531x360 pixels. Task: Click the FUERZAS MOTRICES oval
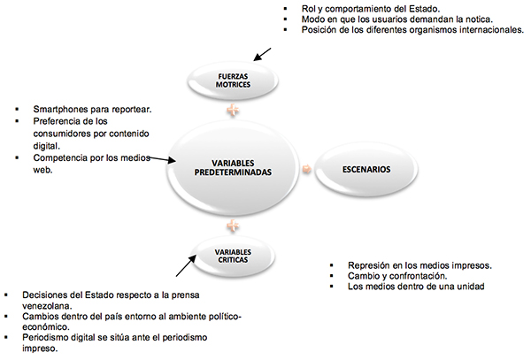coord(233,80)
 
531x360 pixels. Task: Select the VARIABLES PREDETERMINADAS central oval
coord(233,168)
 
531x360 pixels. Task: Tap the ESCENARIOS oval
coord(366,169)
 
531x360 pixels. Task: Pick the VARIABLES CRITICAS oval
coord(233,257)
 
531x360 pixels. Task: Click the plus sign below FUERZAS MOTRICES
coord(233,110)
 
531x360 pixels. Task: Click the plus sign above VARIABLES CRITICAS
coord(233,226)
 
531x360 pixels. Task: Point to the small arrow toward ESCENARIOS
coord(307,168)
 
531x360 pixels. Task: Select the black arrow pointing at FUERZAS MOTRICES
coord(263,55)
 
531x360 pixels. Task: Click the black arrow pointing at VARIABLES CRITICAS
coord(186,265)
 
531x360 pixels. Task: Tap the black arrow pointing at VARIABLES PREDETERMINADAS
coord(162,159)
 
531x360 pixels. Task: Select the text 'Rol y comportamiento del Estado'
coord(370,9)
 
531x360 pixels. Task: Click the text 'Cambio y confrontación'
coord(396,276)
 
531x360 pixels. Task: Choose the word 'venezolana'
coord(46,306)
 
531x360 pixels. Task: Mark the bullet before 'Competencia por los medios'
coord(17,157)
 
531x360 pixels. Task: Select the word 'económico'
coord(45,327)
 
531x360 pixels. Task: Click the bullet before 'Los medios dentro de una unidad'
coord(331,287)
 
